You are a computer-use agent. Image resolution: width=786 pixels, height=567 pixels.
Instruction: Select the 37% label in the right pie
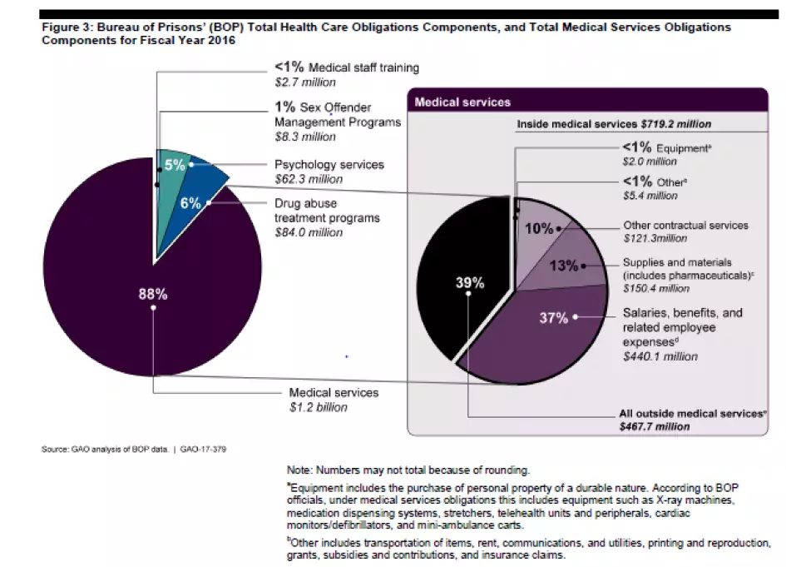coord(552,317)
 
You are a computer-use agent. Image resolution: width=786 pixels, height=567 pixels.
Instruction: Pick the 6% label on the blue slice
coord(190,202)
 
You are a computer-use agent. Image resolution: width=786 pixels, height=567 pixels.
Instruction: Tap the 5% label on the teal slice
coord(174,165)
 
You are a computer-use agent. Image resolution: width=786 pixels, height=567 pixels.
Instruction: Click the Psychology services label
coord(329,165)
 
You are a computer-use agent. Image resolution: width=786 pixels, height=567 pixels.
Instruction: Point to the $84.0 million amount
coord(309,232)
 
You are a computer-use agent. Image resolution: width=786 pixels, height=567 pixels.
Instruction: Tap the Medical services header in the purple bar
coord(462,102)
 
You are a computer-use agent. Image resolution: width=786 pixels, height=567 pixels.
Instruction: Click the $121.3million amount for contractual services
coord(656,238)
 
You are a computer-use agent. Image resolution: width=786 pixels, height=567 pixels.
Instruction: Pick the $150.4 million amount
coord(656,288)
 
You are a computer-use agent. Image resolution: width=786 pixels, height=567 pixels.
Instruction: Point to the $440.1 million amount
coord(660,356)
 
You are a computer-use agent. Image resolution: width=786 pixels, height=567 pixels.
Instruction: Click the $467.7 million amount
coord(655,425)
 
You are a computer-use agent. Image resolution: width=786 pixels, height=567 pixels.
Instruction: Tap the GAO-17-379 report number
coord(204,450)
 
